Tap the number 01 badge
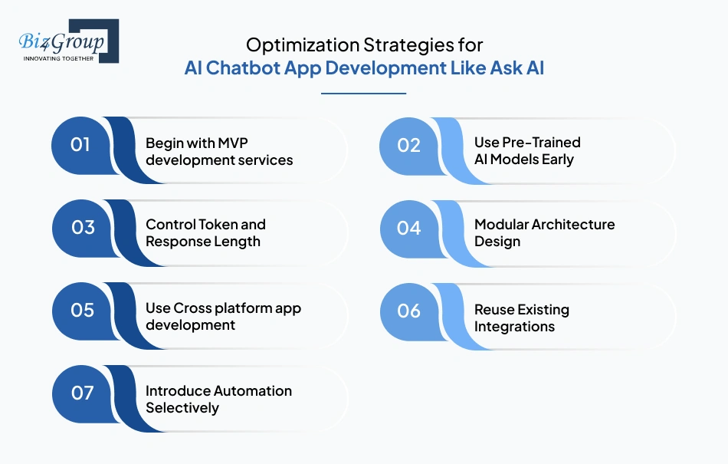(80, 144)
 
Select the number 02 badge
(409, 145)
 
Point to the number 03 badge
(82, 228)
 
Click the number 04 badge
(409, 228)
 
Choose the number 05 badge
(82, 311)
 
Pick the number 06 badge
(409, 311)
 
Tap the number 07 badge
(82, 393)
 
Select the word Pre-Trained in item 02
(541, 143)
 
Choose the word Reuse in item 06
(496, 310)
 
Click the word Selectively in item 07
(182, 408)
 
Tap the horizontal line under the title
(363, 94)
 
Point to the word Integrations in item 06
(514, 327)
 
